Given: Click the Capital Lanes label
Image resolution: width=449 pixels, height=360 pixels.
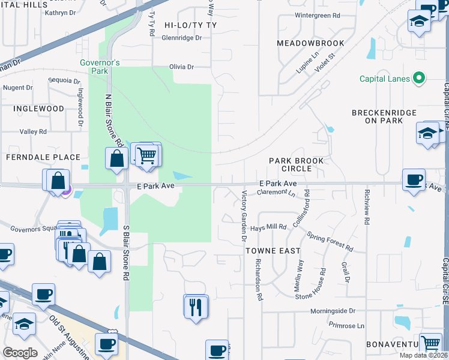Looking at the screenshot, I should (x=384, y=79).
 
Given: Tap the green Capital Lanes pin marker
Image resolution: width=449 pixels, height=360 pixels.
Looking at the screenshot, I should (x=419, y=79).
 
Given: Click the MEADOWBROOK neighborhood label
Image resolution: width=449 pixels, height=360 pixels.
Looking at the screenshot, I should (x=310, y=43).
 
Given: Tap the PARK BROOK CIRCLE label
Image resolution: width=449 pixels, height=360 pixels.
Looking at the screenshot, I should (x=296, y=164).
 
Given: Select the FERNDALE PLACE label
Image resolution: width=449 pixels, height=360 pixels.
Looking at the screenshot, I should (x=43, y=157).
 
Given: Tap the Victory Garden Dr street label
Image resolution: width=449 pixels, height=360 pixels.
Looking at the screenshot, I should (x=244, y=216).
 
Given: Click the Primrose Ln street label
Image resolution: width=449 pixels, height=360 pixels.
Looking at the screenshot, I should (x=347, y=326).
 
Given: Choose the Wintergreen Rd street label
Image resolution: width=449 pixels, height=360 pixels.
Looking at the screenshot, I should (x=318, y=16).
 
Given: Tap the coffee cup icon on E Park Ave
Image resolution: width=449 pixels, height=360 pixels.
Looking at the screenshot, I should (x=414, y=180).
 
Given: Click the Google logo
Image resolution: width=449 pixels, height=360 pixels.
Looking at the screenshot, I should (x=20, y=353).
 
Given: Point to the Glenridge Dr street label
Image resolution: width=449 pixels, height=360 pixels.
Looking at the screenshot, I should (x=182, y=37).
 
